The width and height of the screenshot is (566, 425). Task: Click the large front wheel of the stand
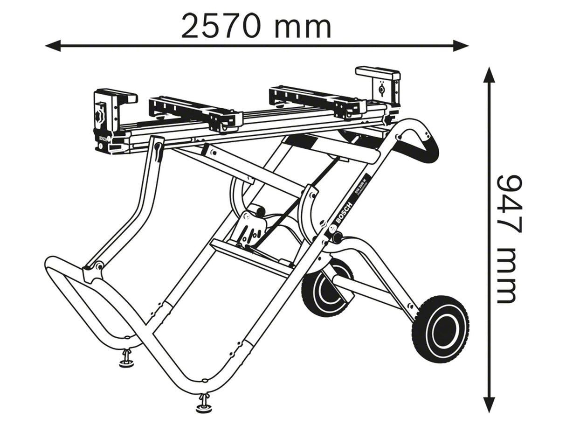(440, 328)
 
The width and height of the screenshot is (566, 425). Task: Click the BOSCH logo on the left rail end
(103, 139)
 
